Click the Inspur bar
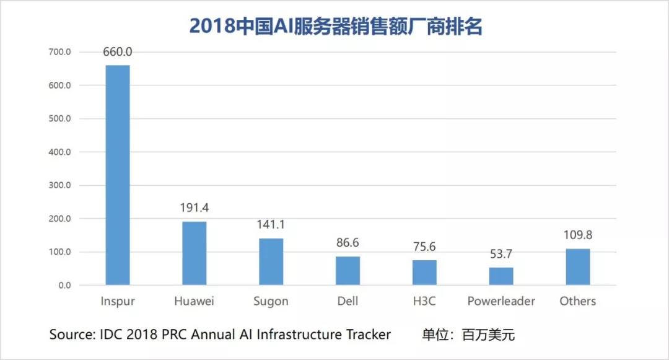[x=118, y=175]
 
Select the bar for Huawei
[x=195, y=253]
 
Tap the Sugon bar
[x=271, y=261]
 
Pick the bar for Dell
[x=348, y=271]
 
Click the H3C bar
[x=424, y=273]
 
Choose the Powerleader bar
[x=501, y=276]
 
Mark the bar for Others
[x=578, y=267]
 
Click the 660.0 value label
[x=118, y=52]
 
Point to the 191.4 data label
[x=195, y=208]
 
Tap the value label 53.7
[x=501, y=255]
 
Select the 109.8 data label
[x=578, y=235]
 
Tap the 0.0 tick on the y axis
[x=64, y=286]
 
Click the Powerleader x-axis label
[x=501, y=301]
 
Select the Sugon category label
[x=271, y=301]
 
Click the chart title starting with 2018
[x=335, y=26]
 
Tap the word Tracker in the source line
[x=368, y=335]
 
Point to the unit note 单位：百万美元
[x=469, y=335]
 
